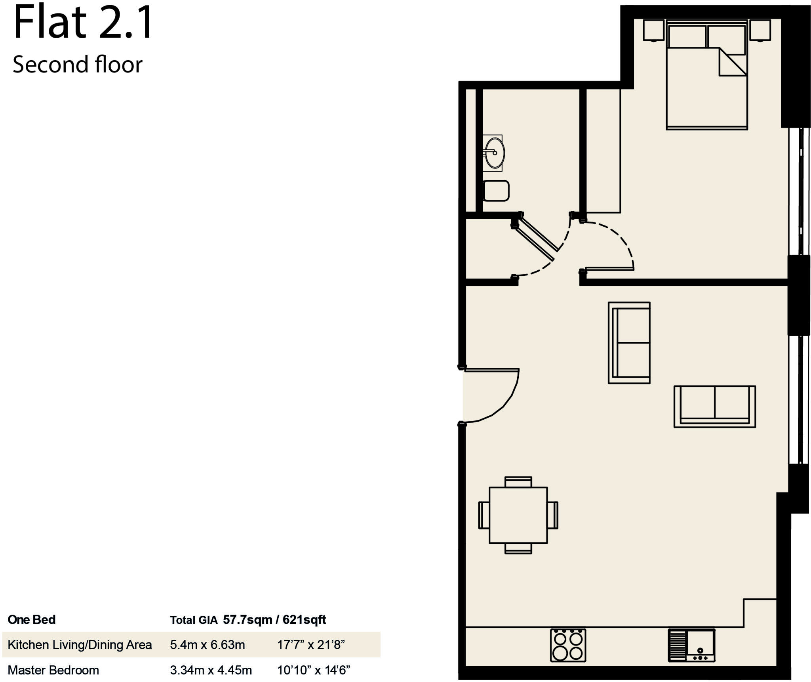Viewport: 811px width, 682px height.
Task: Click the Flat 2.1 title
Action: [83, 23]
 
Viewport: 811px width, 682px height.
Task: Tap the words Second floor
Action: [78, 65]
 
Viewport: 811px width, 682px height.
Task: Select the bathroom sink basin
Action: [495, 153]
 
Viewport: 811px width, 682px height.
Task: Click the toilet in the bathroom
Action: [496, 191]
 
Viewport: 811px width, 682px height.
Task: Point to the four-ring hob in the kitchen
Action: [568, 645]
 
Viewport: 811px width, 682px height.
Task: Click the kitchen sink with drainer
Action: [691, 645]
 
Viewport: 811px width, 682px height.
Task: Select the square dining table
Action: [518, 515]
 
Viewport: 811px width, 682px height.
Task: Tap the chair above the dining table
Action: [518, 482]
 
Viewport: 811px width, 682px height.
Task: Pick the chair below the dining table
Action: [518, 548]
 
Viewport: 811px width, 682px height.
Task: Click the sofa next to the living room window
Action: [714, 407]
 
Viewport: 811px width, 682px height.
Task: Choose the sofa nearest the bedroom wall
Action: [629, 343]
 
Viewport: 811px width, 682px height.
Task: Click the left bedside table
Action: [653, 30]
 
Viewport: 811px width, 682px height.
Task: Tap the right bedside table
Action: [760, 30]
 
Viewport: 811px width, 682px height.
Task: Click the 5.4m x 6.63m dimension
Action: [208, 645]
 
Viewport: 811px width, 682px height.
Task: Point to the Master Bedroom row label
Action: [53, 670]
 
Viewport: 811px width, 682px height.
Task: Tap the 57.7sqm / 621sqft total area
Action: [274, 620]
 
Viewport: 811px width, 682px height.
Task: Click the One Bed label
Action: [32, 620]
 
